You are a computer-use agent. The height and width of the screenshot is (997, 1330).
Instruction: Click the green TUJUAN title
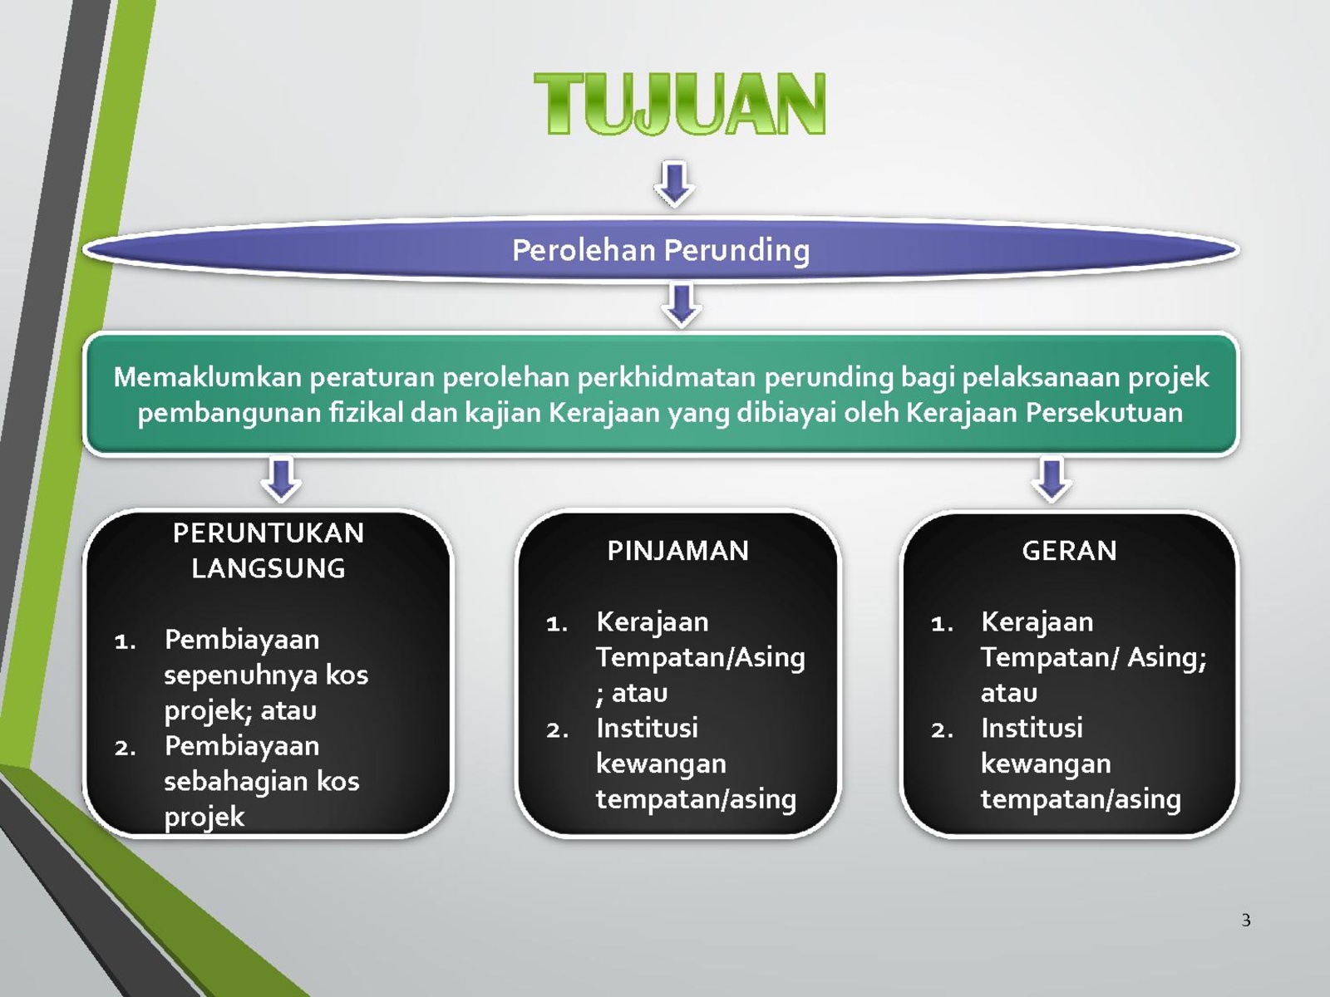point(680,103)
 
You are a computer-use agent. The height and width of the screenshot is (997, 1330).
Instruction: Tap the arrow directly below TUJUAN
point(674,184)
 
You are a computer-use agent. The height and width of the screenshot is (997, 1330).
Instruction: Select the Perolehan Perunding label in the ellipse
point(661,250)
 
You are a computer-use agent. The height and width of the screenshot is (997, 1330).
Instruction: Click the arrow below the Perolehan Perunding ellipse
point(681,305)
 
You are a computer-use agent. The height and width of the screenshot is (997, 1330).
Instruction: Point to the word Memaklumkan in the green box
point(207,377)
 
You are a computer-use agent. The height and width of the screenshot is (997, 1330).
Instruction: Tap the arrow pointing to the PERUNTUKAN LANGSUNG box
point(281,479)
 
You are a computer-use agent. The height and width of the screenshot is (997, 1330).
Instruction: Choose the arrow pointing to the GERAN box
point(1052,479)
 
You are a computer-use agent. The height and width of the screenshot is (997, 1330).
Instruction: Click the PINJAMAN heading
point(678,551)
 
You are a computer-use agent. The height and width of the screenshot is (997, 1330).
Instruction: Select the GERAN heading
point(1069,551)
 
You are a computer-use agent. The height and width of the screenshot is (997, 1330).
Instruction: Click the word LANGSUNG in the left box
point(268,568)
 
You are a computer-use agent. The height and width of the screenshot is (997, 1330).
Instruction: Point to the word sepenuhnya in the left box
point(240,675)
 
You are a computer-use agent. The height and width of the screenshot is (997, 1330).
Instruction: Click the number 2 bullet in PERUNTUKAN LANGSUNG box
point(125,749)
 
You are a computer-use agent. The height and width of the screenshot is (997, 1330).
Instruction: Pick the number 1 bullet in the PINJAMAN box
point(556,624)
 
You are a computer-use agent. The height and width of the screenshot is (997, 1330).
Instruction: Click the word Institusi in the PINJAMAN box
point(647,728)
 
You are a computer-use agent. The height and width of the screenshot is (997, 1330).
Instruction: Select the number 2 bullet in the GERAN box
point(942,730)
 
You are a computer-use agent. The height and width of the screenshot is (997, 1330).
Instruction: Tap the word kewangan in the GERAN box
point(1045,764)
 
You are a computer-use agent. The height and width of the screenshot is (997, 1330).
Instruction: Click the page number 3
point(1246,920)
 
